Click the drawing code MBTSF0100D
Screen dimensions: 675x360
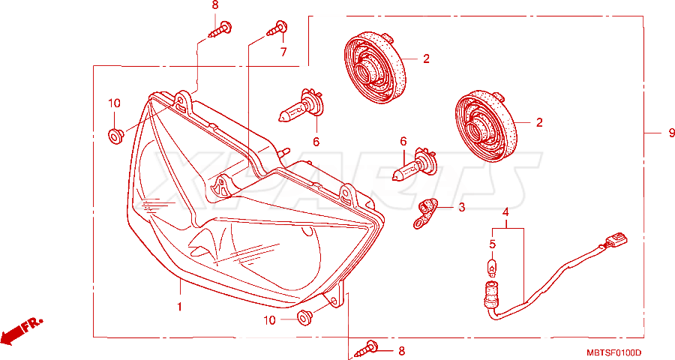click(613, 352)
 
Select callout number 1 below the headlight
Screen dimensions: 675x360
click(179, 307)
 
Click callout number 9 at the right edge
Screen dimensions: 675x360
click(671, 133)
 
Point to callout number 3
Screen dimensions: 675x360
click(461, 208)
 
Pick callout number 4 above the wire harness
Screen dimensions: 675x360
click(505, 211)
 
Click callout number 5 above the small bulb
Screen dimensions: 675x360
click(493, 244)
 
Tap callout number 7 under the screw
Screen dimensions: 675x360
click(283, 52)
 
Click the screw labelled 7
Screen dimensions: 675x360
click(277, 28)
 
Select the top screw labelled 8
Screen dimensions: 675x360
click(220, 29)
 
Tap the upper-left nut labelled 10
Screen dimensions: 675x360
click(115, 136)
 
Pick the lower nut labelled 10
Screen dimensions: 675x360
click(305, 318)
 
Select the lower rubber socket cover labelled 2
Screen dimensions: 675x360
click(486, 126)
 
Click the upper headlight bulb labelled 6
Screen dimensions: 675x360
click(301, 106)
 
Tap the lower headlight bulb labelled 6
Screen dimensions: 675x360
click(415, 165)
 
